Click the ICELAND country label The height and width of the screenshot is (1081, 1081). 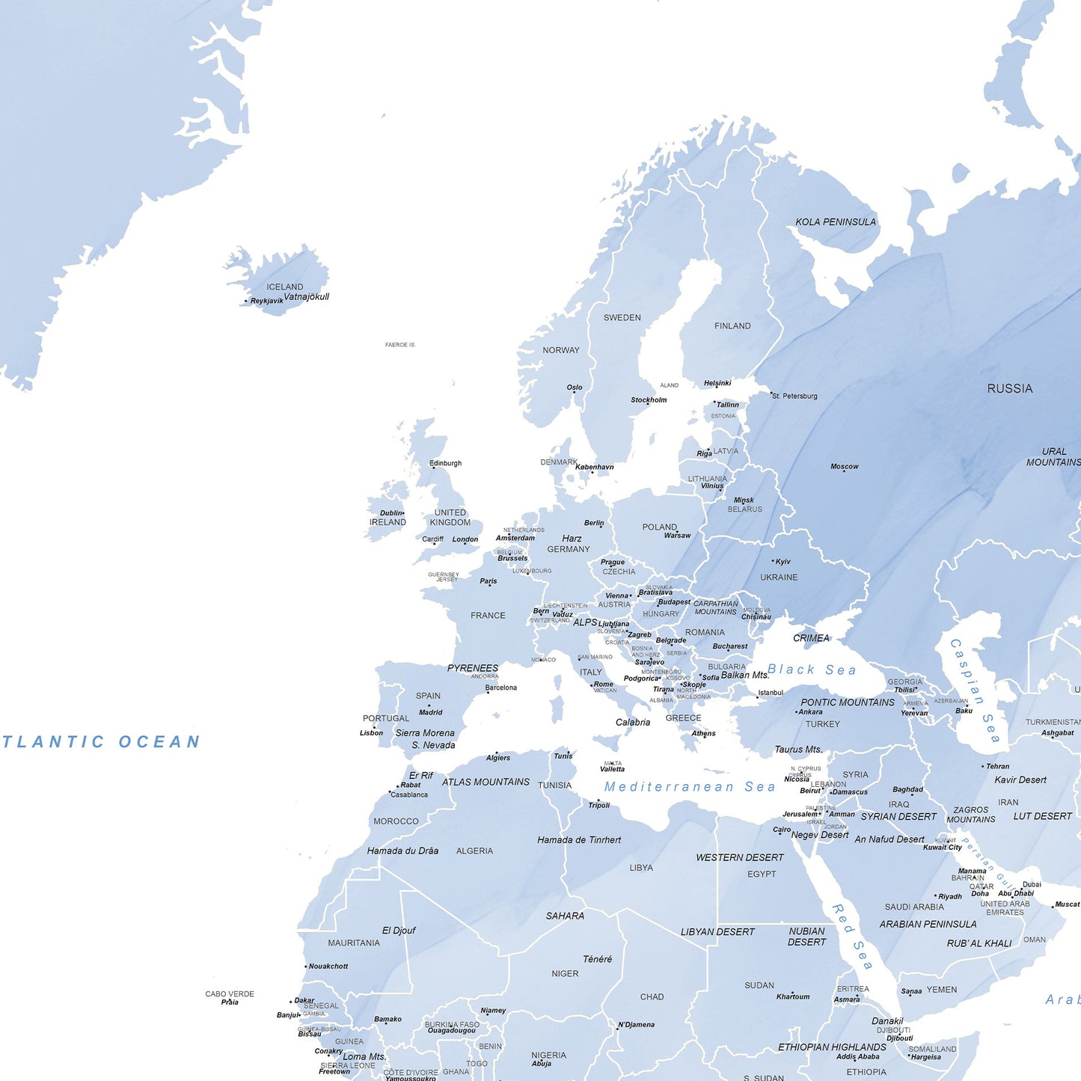click(x=284, y=287)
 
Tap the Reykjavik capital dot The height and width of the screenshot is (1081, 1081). click(x=245, y=301)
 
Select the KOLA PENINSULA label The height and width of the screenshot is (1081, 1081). click(x=835, y=222)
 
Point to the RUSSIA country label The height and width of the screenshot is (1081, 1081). click(x=1009, y=388)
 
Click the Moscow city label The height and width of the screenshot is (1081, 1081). click(x=844, y=466)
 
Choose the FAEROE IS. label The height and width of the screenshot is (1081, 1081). click(x=399, y=345)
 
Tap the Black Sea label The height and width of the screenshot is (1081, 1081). click(x=812, y=670)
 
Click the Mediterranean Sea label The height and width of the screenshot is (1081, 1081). click(x=690, y=786)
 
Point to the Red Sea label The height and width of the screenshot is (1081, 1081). click(x=852, y=937)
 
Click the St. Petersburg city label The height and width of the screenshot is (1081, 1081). click(x=794, y=396)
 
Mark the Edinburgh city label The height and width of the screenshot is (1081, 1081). click(x=446, y=463)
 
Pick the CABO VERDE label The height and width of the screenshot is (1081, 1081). click(x=230, y=993)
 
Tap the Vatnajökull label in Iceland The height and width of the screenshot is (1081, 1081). click(x=306, y=296)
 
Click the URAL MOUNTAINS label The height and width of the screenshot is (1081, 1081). click(x=1053, y=456)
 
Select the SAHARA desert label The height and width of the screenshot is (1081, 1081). click(x=565, y=916)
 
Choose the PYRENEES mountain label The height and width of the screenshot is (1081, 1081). click(x=472, y=668)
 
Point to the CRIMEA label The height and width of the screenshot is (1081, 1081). click(x=811, y=638)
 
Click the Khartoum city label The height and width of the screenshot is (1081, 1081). click(x=793, y=996)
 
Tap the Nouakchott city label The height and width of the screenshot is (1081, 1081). click(x=328, y=966)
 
